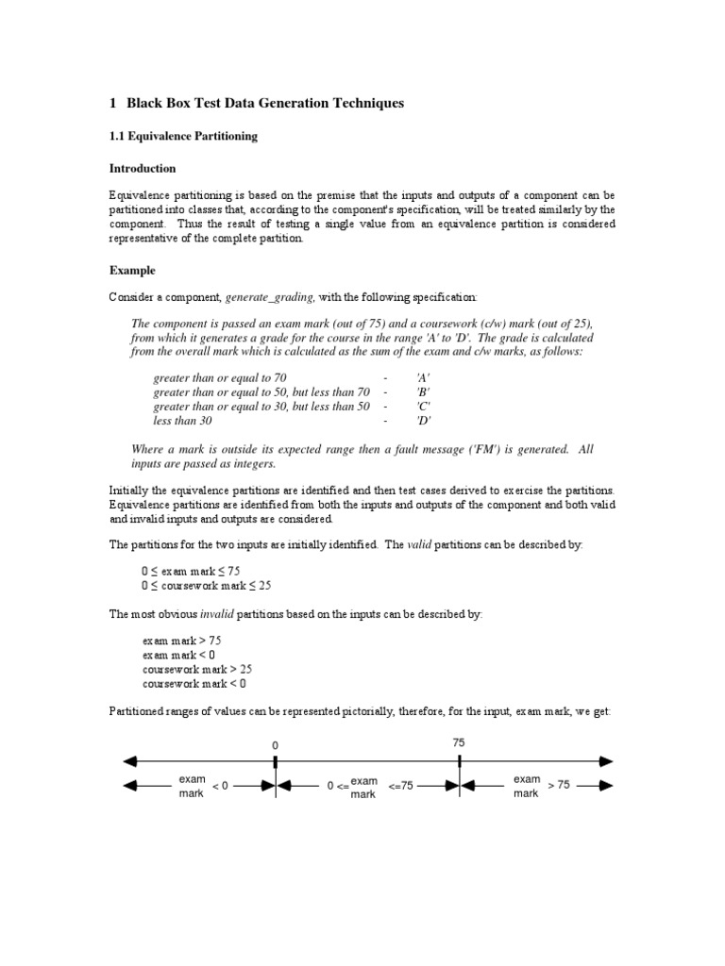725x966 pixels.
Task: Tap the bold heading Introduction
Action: pyautogui.click(x=143, y=169)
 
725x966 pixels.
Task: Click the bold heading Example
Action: pyautogui.click(x=133, y=270)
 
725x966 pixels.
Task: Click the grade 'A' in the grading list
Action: pyautogui.click(x=423, y=377)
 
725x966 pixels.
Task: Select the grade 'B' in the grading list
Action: pyautogui.click(x=423, y=391)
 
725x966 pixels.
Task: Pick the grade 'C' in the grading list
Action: pyautogui.click(x=423, y=406)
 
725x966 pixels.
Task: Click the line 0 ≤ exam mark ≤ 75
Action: pyautogui.click(x=190, y=571)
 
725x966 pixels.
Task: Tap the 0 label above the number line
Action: pyautogui.click(x=275, y=745)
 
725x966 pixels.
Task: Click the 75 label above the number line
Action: pyautogui.click(x=459, y=743)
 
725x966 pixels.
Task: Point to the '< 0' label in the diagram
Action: pyautogui.click(x=220, y=786)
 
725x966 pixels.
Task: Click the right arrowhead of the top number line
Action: pyautogui.click(x=606, y=760)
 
